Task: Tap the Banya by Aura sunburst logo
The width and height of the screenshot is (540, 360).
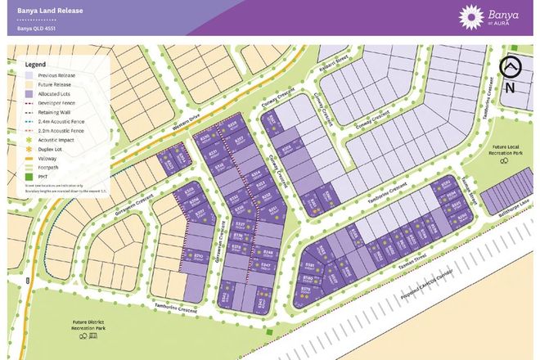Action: click(472, 16)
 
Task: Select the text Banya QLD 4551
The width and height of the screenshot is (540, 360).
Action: click(37, 29)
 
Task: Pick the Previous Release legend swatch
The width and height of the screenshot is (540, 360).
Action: click(29, 75)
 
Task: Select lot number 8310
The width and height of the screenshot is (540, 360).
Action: click(174, 259)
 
